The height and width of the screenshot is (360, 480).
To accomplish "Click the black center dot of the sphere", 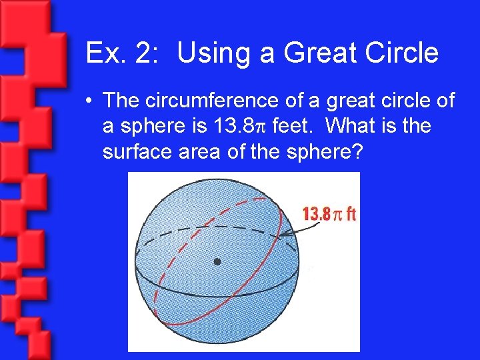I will pyautogui.click(x=217, y=261).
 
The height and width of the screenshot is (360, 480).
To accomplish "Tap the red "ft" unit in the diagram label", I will pyautogui.click(x=350, y=214).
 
